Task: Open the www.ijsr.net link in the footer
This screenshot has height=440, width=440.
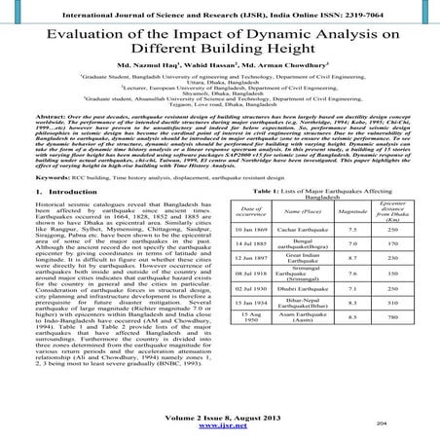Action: (x=219, y=425)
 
